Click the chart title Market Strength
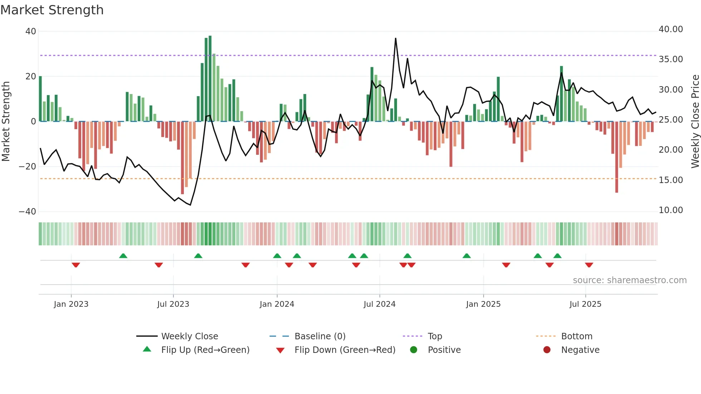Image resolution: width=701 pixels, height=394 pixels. (52, 10)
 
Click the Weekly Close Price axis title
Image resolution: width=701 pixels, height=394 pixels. (695, 121)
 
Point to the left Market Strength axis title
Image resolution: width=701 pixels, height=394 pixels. (6, 121)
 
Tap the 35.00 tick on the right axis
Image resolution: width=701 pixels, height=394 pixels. (671, 59)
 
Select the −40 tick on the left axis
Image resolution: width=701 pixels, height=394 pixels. (28, 212)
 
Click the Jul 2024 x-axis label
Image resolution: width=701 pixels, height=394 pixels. (379, 304)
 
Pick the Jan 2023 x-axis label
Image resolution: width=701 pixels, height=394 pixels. (71, 304)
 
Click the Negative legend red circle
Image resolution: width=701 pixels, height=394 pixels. (547, 350)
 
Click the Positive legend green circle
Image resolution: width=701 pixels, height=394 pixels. (413, 350)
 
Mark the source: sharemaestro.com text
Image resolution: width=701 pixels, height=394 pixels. (629, 280)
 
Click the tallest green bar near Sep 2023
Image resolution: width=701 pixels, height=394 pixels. (210, 79)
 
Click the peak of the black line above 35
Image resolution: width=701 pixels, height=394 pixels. (396, 38)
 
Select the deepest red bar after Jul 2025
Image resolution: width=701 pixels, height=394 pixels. (617, 157)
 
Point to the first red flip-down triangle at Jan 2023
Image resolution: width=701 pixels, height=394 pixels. (75, 265)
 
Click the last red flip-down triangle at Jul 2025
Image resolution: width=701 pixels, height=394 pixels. (589, 265)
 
